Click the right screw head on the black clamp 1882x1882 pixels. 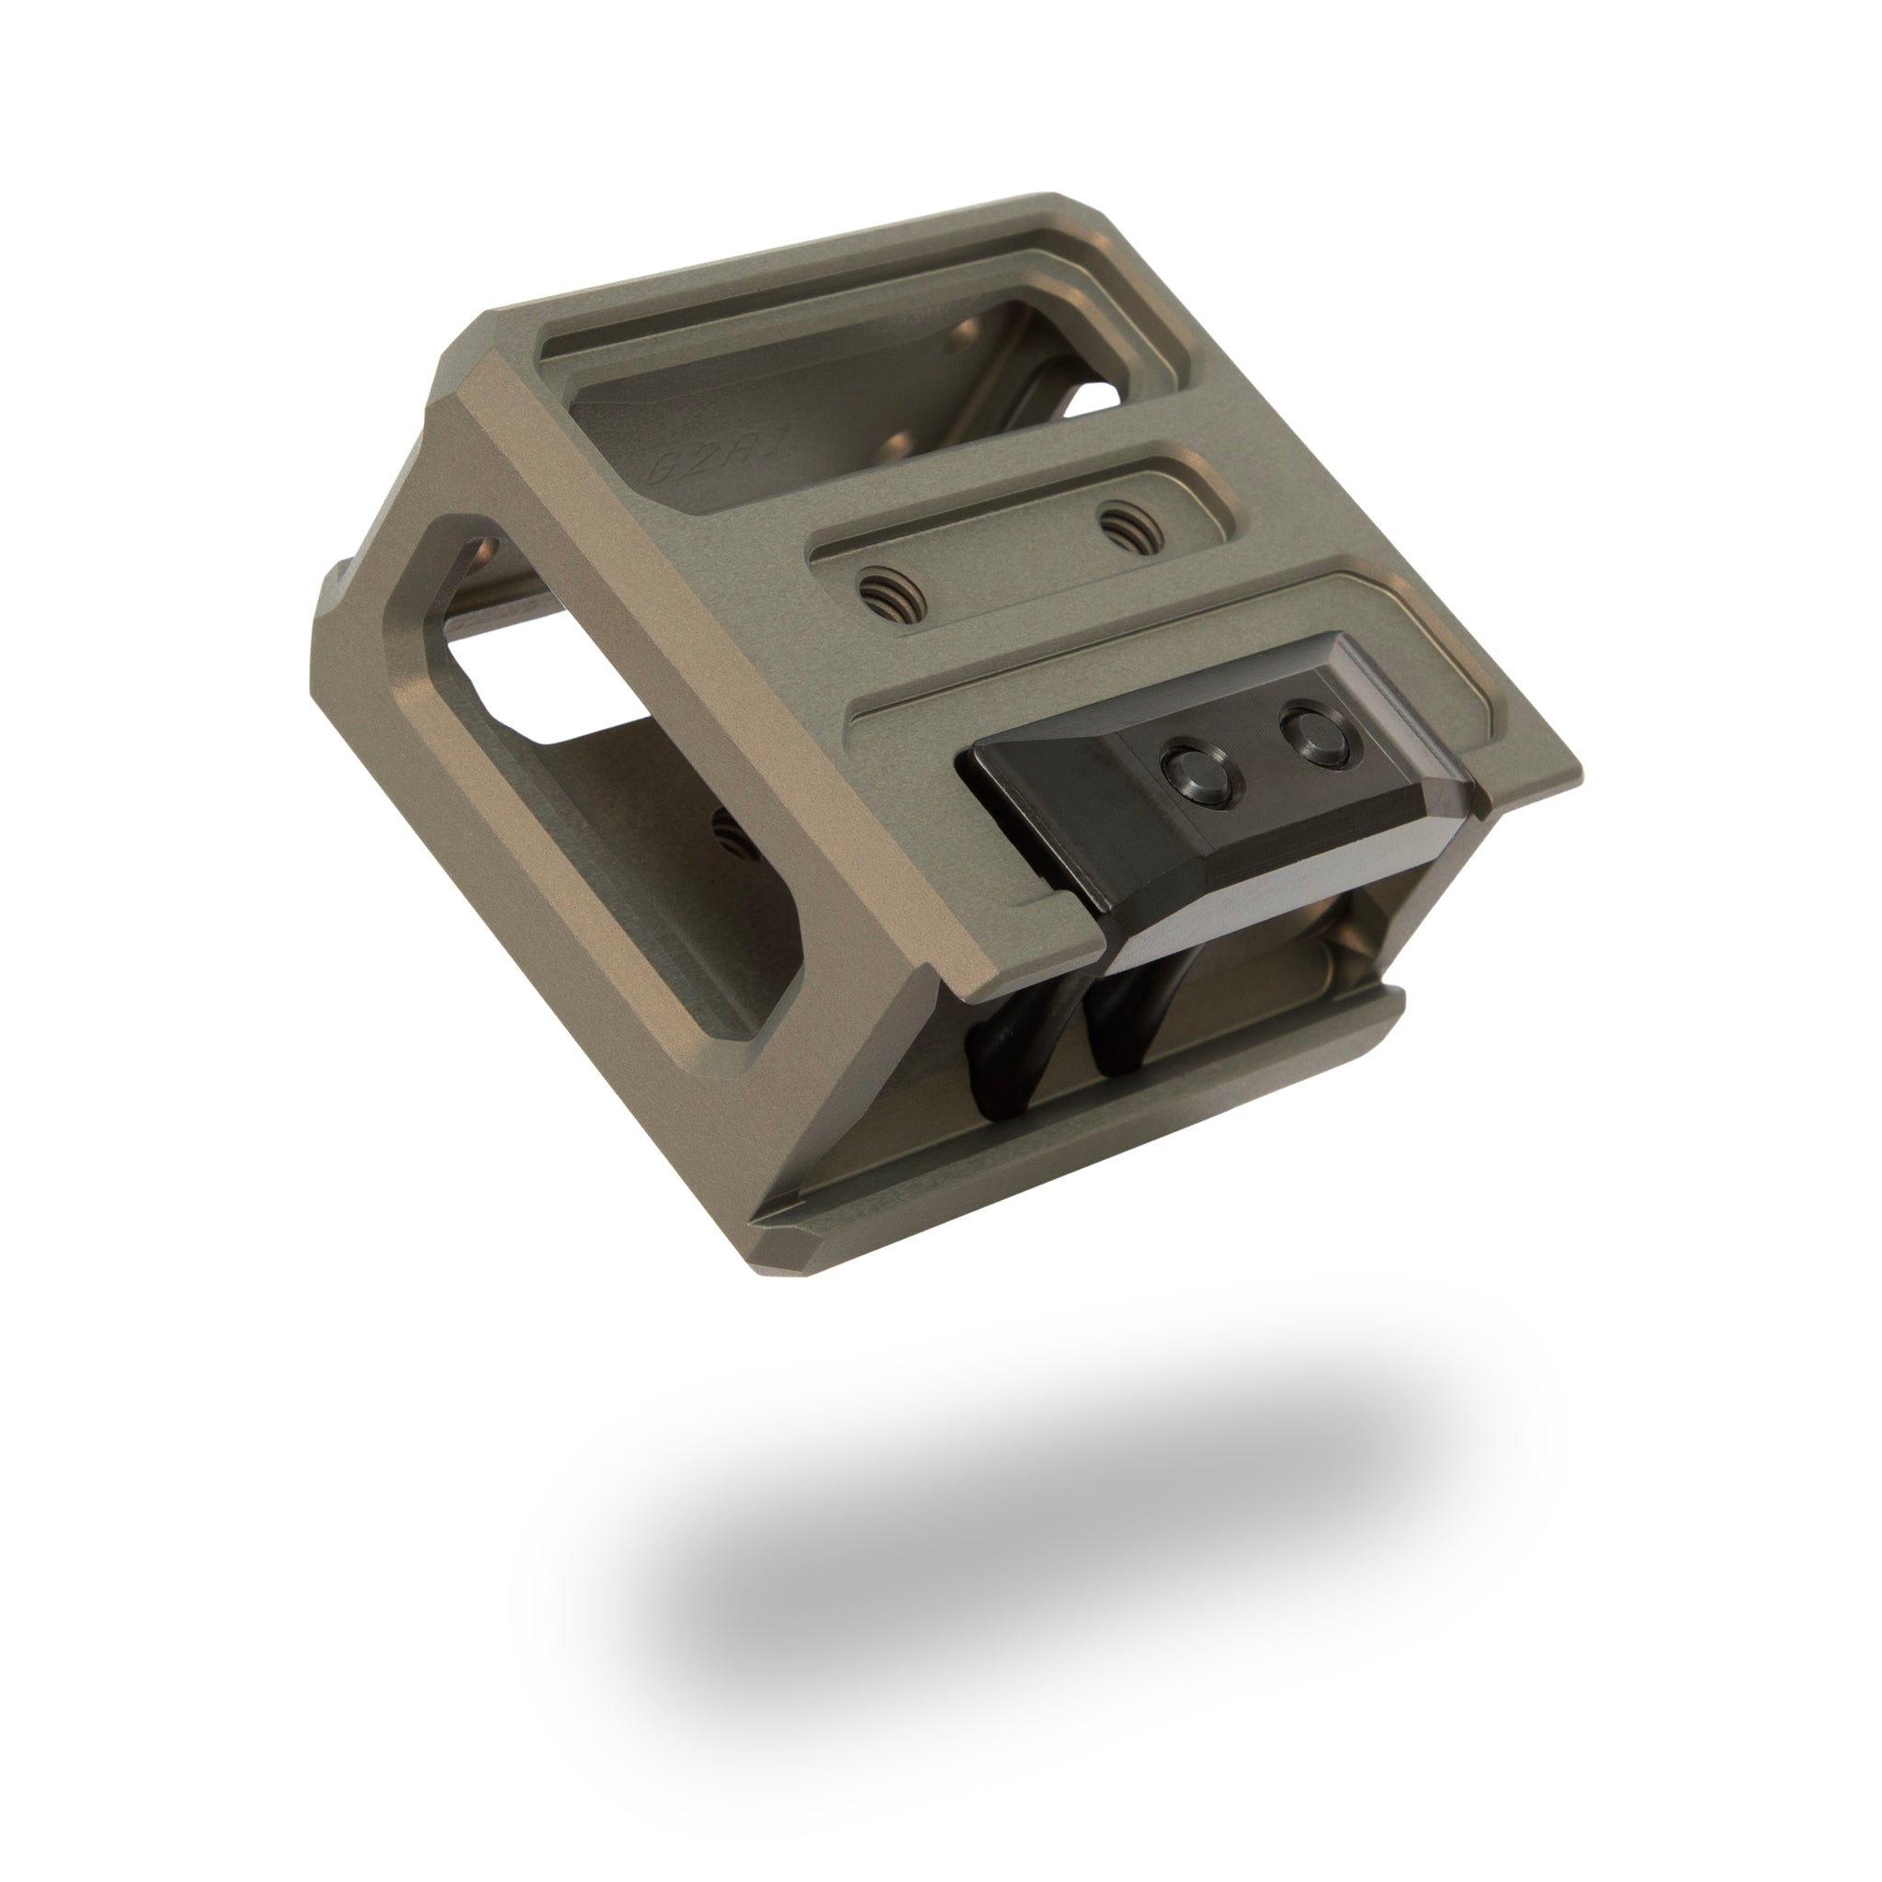coord(1315,734)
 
